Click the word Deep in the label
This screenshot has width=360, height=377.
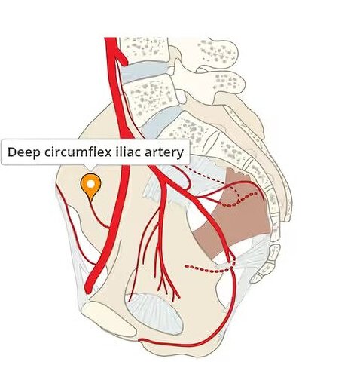tap(24, 152)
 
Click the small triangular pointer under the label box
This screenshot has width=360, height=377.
tap(91, 167)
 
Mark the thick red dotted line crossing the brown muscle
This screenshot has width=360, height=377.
tap(239, 201)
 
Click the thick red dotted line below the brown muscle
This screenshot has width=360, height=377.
tap(210, 268)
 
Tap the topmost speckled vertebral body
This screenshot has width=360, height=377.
tap(144, 49)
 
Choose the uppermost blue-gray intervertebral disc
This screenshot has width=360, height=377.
tap(145, 71)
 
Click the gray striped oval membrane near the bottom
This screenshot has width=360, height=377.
tap(155, 314)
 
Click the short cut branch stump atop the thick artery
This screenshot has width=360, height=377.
tap(122, 58)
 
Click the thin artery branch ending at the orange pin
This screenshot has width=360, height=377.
tap(99, 216)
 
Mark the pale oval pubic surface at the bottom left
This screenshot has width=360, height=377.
tap(109, 319)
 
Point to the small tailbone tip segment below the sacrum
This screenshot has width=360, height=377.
tap(258, 278)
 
